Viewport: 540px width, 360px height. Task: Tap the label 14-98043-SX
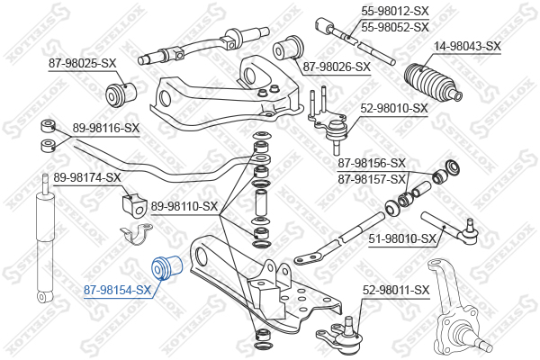tap(467, 45)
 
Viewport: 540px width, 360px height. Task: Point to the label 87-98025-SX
tap(83, 63)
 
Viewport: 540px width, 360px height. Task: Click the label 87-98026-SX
tap(337, 67)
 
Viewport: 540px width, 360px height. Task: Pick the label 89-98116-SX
tap(105, 129)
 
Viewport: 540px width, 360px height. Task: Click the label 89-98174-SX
tap(87, 177)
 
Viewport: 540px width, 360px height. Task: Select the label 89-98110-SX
tap(184, 206)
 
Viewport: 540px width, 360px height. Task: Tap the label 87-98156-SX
tap(372, 163)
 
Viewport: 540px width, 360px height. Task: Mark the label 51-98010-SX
tap(402, 238)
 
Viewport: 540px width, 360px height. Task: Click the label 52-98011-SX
tap(397, 290)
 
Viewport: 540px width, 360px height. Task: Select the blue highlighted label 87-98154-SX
tap(117, 289)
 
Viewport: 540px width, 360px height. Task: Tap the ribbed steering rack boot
tap(431, 84)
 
